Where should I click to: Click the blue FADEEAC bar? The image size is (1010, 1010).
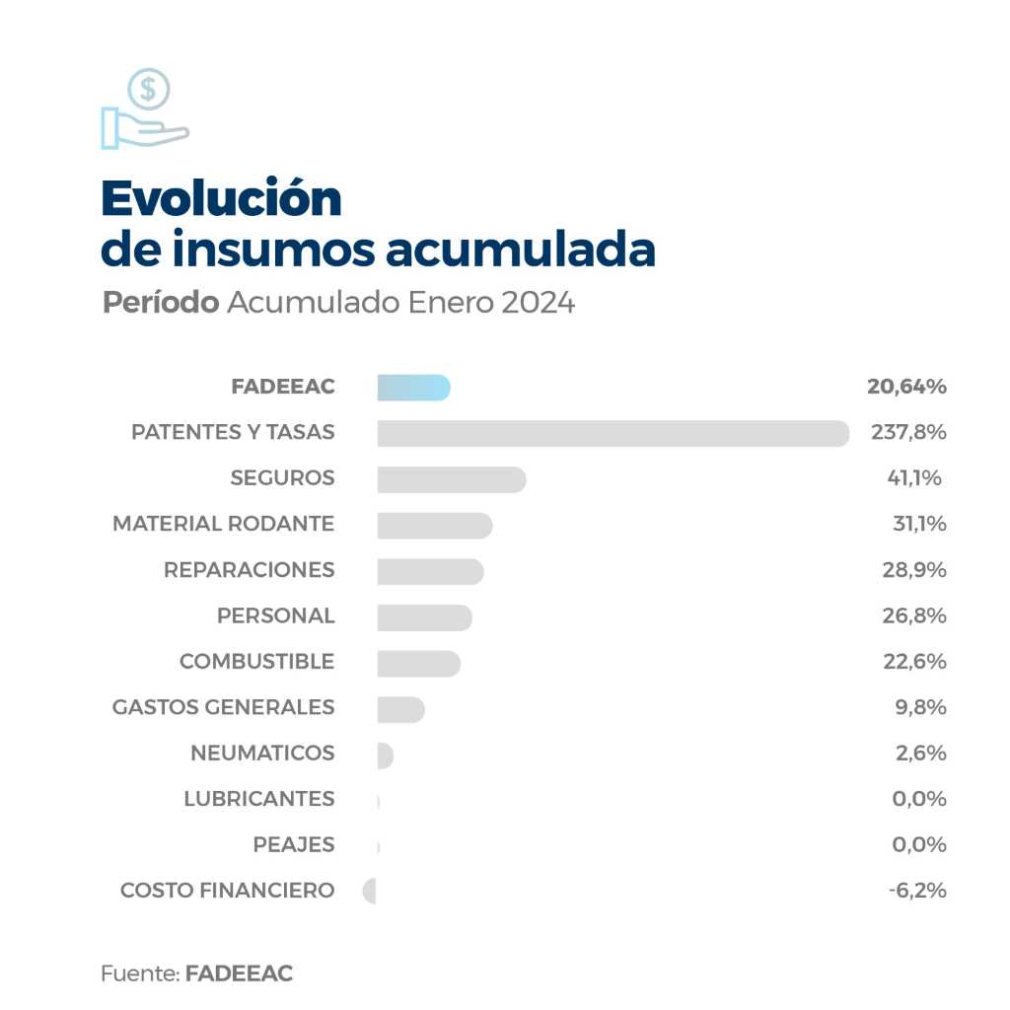click(413, 388)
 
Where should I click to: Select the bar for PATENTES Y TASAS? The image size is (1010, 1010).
click(613, 433)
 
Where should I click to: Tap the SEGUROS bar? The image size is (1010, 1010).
click(451, 479)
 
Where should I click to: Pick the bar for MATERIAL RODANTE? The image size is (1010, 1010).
click(434, 525)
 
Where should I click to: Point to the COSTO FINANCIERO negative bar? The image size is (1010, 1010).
click(370, 891)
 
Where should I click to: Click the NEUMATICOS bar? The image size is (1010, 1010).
click(385, 755)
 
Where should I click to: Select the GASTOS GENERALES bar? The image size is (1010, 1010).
click(400, 708)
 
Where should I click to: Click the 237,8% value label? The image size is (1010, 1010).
click(908, 433)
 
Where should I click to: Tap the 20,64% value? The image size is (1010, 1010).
click(906, 387)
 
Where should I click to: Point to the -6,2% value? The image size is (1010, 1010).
click(917, 891)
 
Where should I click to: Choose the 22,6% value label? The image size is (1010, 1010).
click(914, 662)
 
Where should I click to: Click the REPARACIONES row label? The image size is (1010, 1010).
click(249, 570)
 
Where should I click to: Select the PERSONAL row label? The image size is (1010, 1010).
click(275, 615)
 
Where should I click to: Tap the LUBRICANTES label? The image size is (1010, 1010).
click(258, 799)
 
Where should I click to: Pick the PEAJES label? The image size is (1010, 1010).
click(293, 845)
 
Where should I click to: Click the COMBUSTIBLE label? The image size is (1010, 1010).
click(256, 662)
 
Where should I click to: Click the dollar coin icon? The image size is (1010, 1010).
click(148, 90)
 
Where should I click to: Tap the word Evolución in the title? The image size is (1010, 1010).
click(221, 198)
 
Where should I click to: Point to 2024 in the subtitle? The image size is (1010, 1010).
click(538, 302)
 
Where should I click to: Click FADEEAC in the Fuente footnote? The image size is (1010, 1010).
click(239, 974)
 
